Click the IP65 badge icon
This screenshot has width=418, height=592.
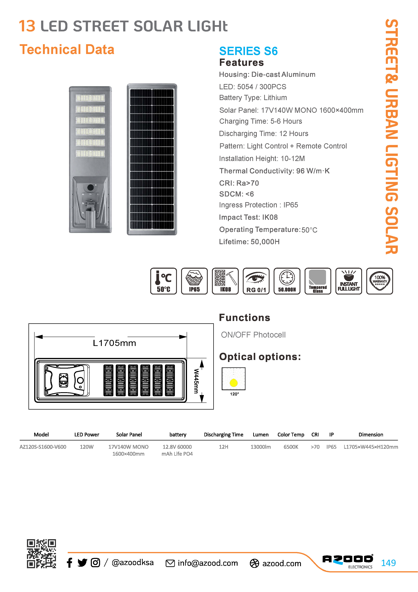pos(194,281)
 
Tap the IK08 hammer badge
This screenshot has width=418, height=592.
pos(225,281)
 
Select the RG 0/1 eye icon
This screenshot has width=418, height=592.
pos(256,281)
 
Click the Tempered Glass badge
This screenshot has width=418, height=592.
pos(318,281)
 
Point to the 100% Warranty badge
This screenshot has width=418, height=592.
pos(380,281)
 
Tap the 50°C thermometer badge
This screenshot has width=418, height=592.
pos(163,281)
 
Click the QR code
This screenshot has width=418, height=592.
pos(41,553)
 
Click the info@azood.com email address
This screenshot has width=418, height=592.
pos(208,563)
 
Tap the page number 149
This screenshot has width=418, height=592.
pos(388,563)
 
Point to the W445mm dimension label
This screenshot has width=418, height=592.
pos(196,381)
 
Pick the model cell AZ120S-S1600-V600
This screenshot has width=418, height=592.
pos(43,447)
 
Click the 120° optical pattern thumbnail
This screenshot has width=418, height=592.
pos(234,379)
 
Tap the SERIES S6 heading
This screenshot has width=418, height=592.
pos(248,51)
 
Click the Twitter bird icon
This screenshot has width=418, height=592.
pos(82,563)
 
